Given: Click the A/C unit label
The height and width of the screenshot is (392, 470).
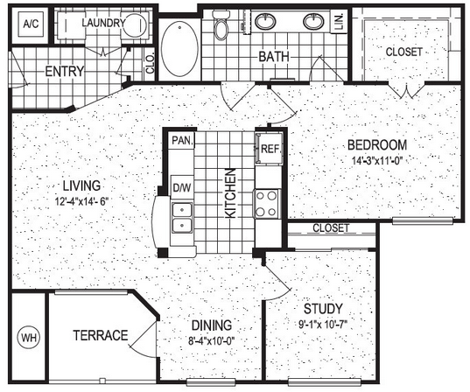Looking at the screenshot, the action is [x=31, y=24].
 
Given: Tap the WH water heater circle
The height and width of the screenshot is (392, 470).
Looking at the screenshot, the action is [x=29, y=338].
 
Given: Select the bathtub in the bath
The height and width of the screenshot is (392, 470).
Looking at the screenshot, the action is [x=179, y=49].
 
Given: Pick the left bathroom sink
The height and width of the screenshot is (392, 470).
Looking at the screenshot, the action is [x=265, y=22].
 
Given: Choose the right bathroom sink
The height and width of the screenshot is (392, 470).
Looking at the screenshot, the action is [x=313, y=22].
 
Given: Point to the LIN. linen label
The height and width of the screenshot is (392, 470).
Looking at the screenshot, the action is [x=339, y=22].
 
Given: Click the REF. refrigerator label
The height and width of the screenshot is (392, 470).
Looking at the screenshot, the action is [x=270, y=149].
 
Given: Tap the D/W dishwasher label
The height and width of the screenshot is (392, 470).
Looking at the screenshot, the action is [x=182, y=187].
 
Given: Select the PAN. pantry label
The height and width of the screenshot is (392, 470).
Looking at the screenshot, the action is [x=182, y=140].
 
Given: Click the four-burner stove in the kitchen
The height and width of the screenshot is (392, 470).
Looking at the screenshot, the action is [x=267, y=204].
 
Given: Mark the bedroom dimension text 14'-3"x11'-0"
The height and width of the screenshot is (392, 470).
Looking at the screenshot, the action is [x=376, y=161].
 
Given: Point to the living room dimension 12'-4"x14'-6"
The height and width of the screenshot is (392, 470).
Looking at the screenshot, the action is [x=81, y=201].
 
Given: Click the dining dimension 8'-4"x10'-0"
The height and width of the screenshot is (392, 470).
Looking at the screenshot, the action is [x=211, y=340].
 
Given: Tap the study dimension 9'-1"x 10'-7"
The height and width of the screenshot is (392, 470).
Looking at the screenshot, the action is [x=323, y=324].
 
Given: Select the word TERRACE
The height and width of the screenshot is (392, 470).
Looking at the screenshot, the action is [x=101, y=335].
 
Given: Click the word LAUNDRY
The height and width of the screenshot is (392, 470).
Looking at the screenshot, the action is [x=103, y=23].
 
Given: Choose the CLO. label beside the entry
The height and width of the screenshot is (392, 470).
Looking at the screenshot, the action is [x=150, y=64].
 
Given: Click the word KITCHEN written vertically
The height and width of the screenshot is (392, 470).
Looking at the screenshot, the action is [x=230, y=193].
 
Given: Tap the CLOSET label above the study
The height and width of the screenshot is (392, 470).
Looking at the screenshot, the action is [x=331, y=228].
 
